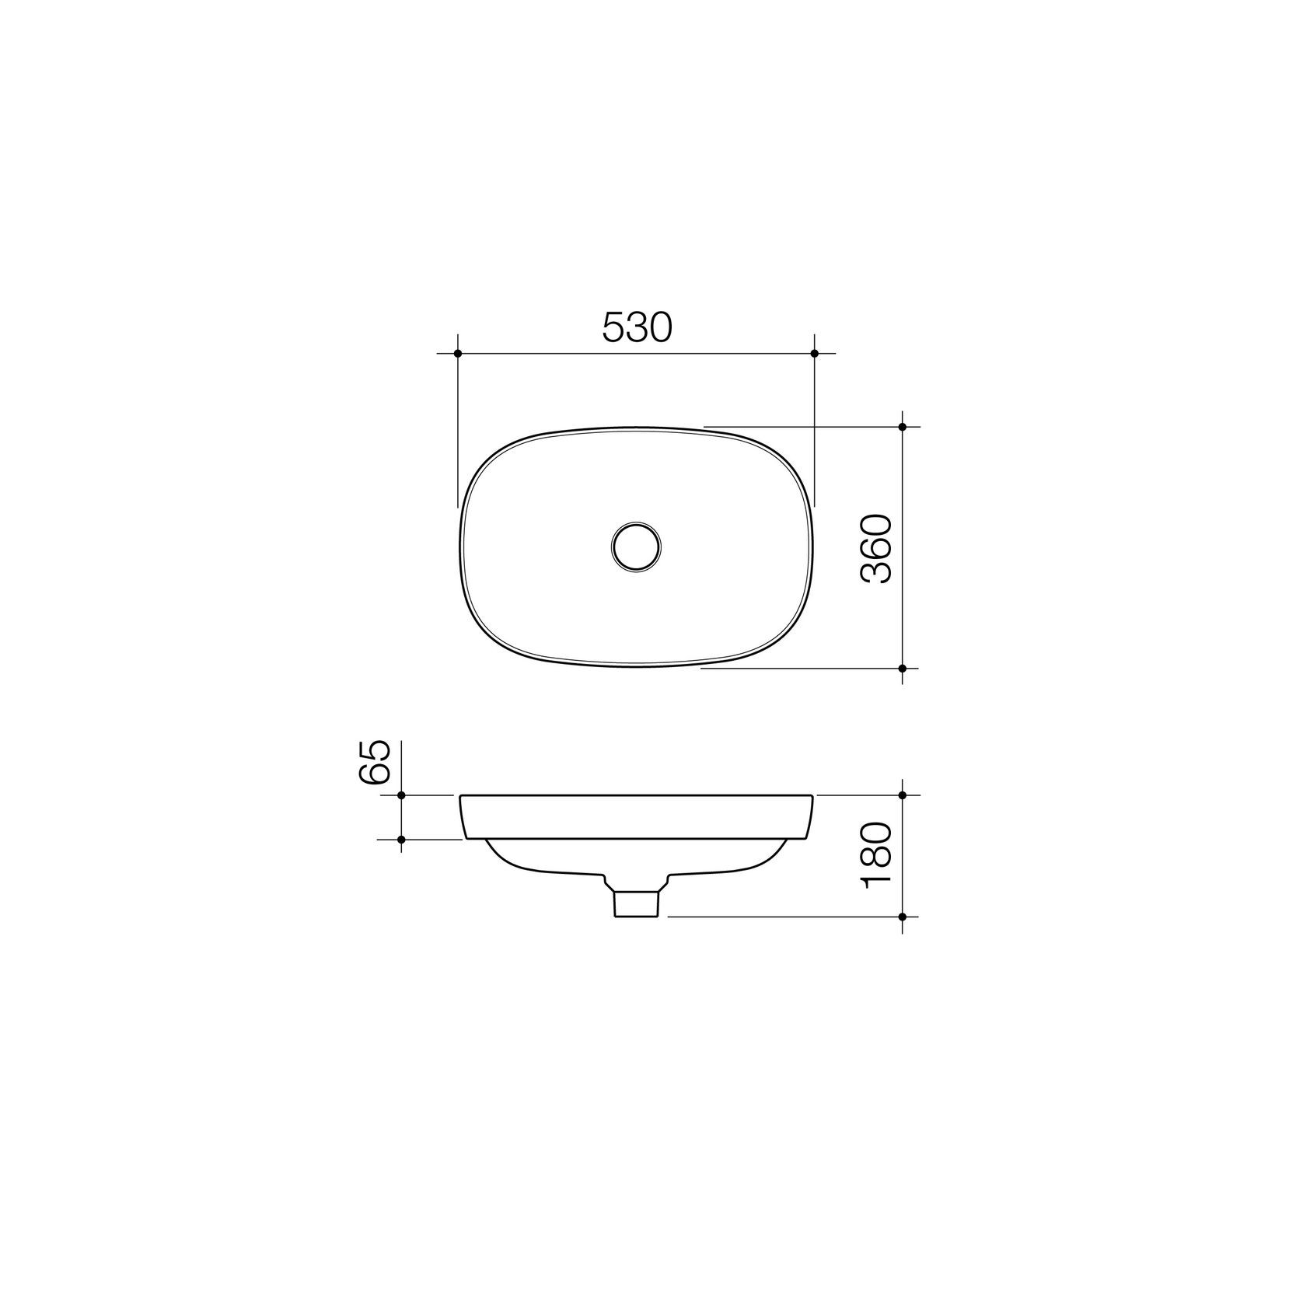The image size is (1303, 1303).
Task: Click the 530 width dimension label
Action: (636, 328)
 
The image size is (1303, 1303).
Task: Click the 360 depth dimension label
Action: (878, 549)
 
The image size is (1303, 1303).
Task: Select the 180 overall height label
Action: (878, 855)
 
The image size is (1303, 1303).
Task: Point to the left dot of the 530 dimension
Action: (458, 354)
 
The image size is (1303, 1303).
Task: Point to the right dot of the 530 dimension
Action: (814, 354)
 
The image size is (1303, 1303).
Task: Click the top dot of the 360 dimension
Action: (903, 427)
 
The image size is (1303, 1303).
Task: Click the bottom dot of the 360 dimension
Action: (903, 668)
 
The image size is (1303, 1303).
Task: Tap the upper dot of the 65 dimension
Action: (401, 795)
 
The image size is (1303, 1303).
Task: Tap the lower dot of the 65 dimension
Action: (401, 839)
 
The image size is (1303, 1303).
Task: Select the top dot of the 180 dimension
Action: (903, 795)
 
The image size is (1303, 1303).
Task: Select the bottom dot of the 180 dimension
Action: (903, 917)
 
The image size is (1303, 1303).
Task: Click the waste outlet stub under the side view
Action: (637, 903)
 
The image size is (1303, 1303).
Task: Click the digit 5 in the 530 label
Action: (614, 328)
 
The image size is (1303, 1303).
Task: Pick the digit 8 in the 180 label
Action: (878, 855)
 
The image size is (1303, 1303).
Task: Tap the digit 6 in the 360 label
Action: (878, 549)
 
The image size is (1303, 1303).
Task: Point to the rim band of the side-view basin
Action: (636, 817)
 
